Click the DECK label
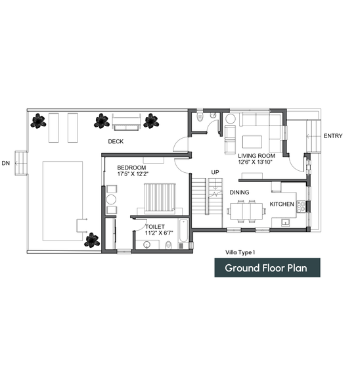point(116,141)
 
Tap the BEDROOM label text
point(131,168)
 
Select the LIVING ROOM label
point(256,156)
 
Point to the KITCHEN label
point(282,204)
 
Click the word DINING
point(239,193)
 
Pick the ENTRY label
point(333,136)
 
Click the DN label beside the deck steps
point(6,163)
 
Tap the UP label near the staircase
point(215,172)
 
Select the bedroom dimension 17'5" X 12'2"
point(133,174)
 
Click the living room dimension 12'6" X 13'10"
point(256,162)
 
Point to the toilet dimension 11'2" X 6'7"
point(159,233)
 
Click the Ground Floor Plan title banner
point(267,267)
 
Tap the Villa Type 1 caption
point(240,252)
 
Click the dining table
point(246,212)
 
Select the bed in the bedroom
point(160,198)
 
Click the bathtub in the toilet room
point(183,231)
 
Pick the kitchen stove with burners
point(301,207)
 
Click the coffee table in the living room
point(252,141)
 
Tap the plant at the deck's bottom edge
point(92,241)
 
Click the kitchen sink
point(286,222)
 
